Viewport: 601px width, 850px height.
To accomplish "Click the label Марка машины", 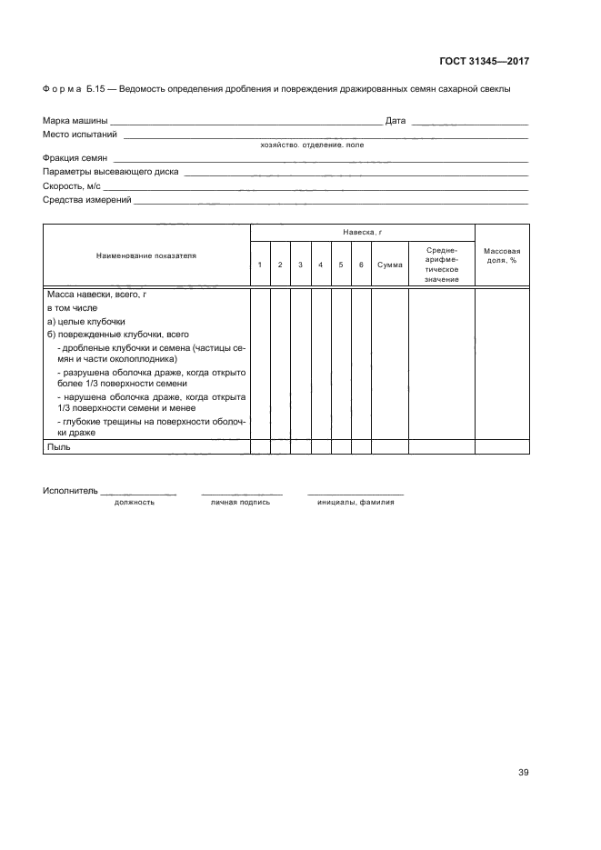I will [x=75, y=120].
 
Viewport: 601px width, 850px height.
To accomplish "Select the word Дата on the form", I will [x=395, y=120].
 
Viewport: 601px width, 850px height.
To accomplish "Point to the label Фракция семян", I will [x=75, y=158].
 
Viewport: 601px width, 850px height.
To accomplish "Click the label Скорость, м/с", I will [x=72, y=185].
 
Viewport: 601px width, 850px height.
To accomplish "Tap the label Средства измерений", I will [x=87, y=199].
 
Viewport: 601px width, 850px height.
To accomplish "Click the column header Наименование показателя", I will [x=146, y=256].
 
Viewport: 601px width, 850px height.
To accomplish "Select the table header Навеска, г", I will [x=362, y=233].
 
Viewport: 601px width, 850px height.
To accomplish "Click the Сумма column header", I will [x=390, y=265].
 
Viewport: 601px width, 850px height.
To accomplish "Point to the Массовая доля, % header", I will [x=501, y=255].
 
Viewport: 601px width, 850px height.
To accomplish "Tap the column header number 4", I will [x=320, y=265].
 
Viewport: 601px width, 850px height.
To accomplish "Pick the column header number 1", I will [x=260, y=265].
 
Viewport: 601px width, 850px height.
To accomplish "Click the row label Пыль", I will [x=58, y=446].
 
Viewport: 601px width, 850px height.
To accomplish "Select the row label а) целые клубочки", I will [x=85, y=321].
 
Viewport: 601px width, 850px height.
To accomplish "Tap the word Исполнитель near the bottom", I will [x=69, y=491].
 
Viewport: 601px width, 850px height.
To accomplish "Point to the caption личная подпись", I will [x=240, y=502].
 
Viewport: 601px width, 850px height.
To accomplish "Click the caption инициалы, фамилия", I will [x=356, y=502].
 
